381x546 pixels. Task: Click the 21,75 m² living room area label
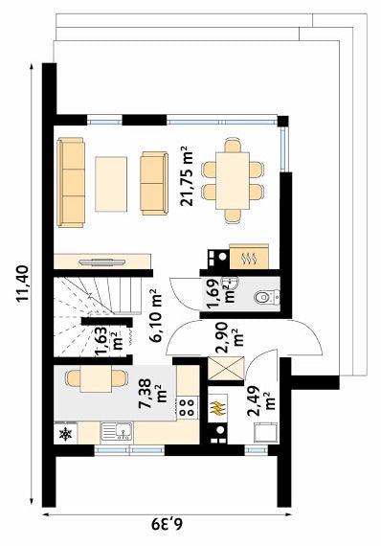187,176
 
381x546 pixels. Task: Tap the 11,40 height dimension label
22,284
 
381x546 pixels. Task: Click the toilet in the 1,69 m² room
267,297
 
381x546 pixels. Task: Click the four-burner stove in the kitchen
188,407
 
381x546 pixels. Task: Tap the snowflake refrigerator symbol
65,434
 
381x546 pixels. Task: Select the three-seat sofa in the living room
72,182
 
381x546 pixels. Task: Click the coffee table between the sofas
111,184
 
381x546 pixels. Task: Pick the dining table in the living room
233,181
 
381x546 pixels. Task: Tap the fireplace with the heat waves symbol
249,257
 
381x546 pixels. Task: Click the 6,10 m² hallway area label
156,315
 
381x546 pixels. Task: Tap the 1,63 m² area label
108,341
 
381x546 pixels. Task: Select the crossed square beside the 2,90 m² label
226,369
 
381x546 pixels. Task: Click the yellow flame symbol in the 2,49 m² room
216,408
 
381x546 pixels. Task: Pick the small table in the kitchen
96,378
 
